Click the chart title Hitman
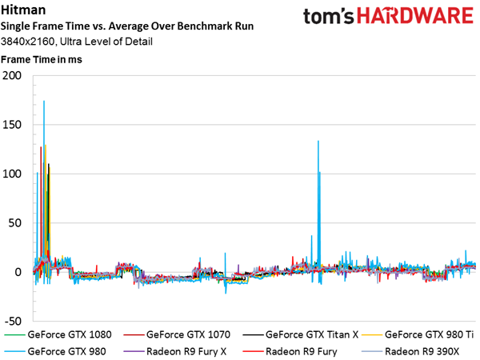click(x=23, y=10)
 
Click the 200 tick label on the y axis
click(x=12, y=75)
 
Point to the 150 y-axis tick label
click(x=12, y=125)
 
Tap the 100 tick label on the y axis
click(x=12, y=174)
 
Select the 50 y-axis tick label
click(x=15, y=223)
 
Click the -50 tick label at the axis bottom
click(x=13, y=321)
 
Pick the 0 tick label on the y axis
click(x=18, y=272)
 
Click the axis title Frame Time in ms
click(x=42, y=59)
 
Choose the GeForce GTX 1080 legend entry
click(x=58, y=334)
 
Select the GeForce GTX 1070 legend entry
click(x=177, y=334)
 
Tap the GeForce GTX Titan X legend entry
click(x=301, y=334)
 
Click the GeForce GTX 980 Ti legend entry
click(x=418, y=334)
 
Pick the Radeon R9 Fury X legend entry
click(x=175, y=351)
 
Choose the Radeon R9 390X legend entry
click(x=411, y=351)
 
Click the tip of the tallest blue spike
click(x=44, y=101)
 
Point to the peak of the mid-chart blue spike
click(x=318, y=141)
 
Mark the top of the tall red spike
click(x=41, y=147)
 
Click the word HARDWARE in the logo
click(x=415, y=16)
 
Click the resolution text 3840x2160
click(x=27, y=42)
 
